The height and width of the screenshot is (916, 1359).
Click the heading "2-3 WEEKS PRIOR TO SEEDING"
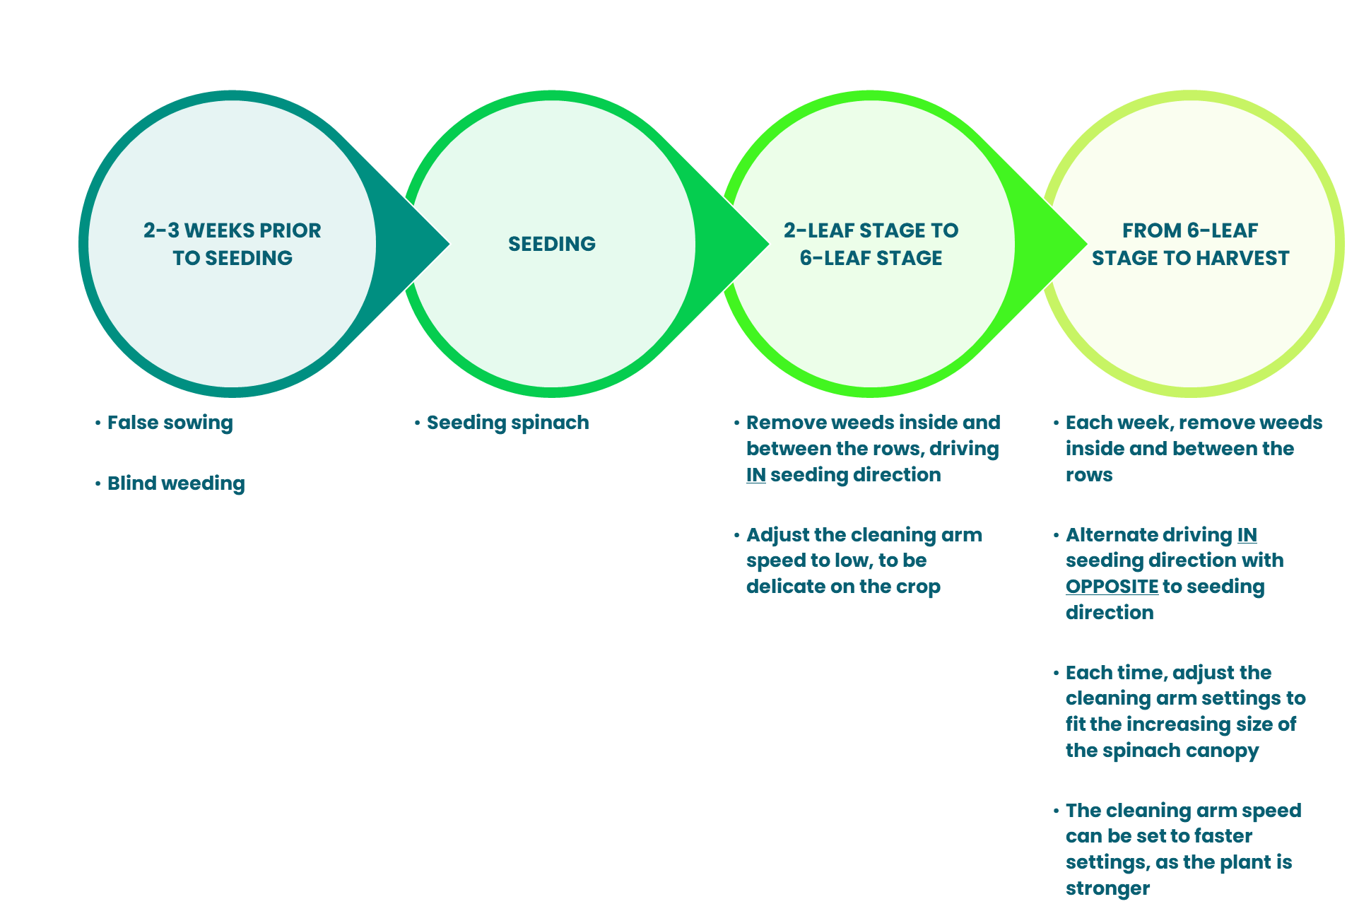point(233,244)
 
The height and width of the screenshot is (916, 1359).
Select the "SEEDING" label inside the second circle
point(552,244)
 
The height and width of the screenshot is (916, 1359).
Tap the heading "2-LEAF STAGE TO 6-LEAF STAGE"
point(871,244)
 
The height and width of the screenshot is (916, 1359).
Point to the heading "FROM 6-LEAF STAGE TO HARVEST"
point(1190,244)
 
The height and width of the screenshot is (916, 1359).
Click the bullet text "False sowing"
point(170,423)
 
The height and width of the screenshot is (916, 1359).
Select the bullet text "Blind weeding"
point(176,483)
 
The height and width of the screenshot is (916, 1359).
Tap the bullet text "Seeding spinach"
point(507,423)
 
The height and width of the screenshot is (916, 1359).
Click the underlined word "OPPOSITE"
point(1112,587)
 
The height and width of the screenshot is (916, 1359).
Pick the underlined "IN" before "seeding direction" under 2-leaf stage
point(755,474)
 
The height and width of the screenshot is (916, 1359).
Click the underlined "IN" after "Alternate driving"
point(1247,534)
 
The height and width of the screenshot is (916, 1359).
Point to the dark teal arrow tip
point(449,244)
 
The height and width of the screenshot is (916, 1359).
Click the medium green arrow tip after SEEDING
point(768,244)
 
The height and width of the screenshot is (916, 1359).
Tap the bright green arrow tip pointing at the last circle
point(1087,244)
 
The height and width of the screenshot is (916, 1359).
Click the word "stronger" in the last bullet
point(1107,888)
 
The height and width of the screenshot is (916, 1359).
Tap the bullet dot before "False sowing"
point(98,423)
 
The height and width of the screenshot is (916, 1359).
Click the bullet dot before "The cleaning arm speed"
point(1057,811)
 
